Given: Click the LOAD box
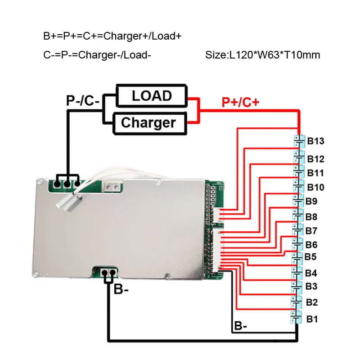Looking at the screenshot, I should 151,96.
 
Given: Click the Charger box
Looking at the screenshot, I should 148,122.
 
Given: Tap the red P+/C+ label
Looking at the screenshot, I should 240,103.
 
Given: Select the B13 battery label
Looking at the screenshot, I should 315,142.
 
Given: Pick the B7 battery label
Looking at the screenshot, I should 311,231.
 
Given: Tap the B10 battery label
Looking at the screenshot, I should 315,187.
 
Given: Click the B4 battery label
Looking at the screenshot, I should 311,273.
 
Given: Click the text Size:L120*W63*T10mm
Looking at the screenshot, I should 262,55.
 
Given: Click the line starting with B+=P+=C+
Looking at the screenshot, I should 112,36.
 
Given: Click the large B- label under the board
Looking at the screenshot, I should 121,289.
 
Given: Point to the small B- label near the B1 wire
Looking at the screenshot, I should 240,325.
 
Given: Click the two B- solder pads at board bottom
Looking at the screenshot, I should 108,273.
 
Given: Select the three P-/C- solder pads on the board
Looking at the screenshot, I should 67,183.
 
